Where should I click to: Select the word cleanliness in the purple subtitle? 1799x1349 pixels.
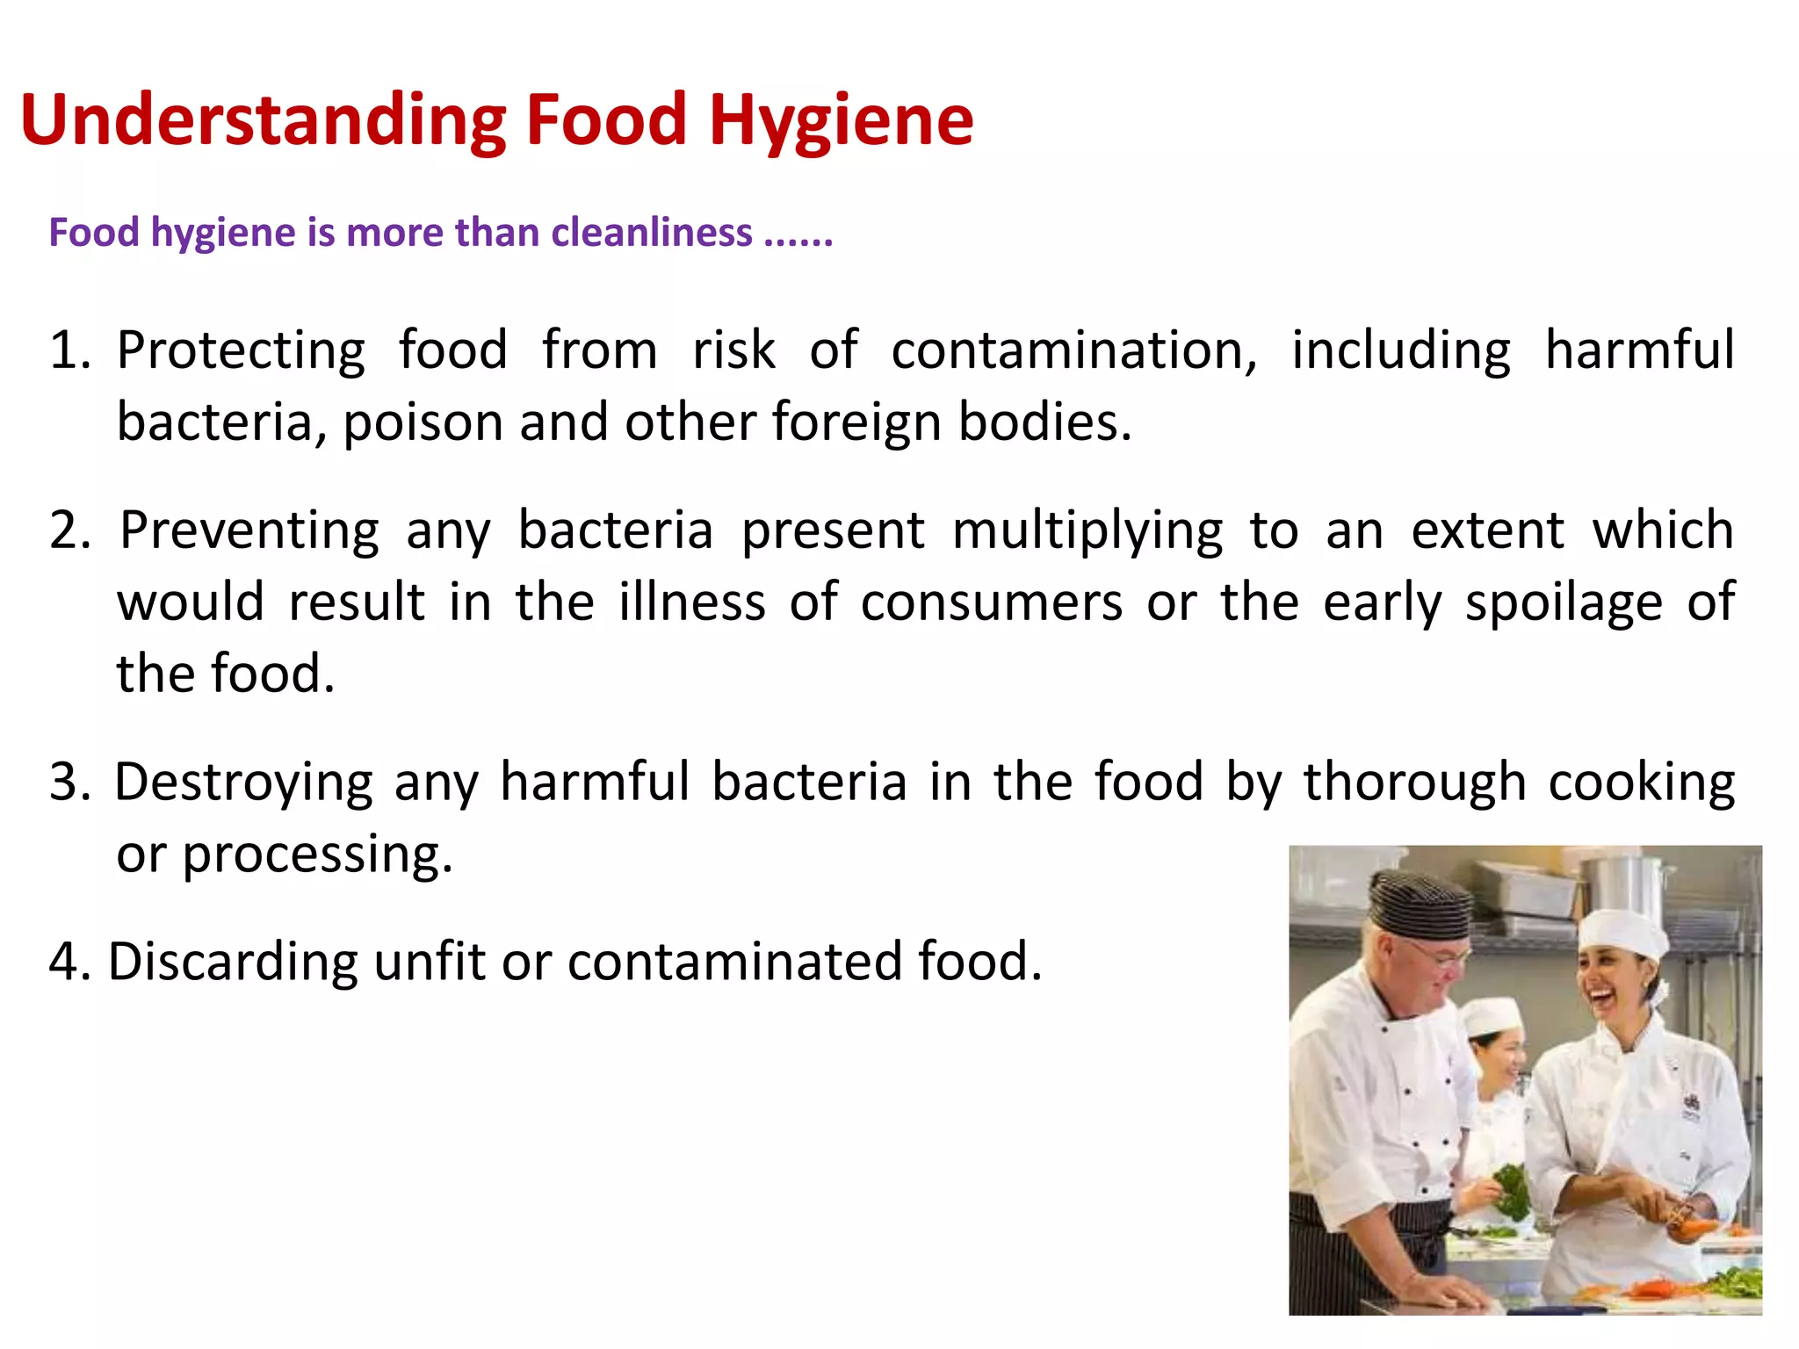point(652,233)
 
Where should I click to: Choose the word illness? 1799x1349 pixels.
point(692,603)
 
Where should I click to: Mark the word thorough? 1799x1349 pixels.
point(1414,782)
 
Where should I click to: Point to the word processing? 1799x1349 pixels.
point(318,855)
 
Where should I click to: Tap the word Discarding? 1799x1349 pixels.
point(233,962)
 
